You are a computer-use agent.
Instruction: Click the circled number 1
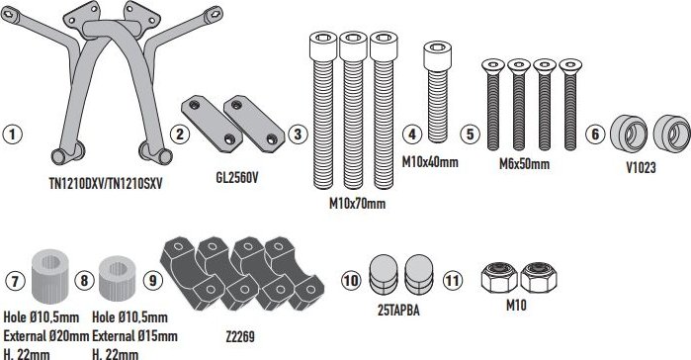pyautogui.click(x=12, y=134)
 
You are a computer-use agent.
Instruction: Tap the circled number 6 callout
pyautogui.click(x=595, y=134)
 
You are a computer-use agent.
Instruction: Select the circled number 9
pyautogui.click(x=153, y=280)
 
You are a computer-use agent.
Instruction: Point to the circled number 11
pyautogui.click(x=452, y=280)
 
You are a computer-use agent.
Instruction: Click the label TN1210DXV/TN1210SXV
pyautogui.click(x=106, y=183)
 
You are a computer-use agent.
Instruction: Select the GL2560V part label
pyautogui.click(x=237, y=178)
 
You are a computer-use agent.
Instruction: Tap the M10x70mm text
pyautogui.click(x=358, y=203)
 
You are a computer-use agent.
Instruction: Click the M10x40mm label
pyautogui.click(x=430, y=162)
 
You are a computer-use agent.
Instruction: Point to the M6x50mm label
pyautogui.click(x=524, y=164)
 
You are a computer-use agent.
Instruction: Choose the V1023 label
pyautogui.click(x=642, y=167)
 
